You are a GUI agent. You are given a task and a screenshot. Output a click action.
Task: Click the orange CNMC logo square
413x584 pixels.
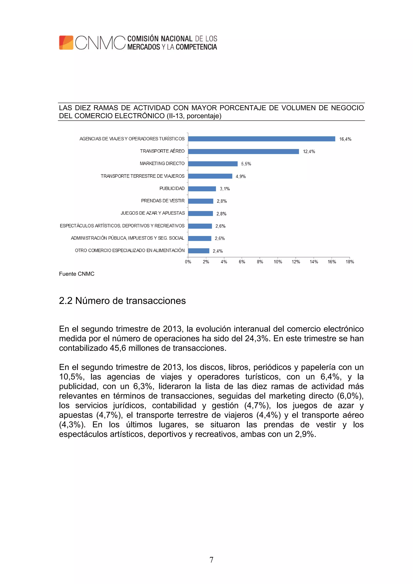tap(66, 43)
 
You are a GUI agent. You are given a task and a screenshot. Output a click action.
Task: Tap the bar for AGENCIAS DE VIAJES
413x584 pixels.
tap(261, 139)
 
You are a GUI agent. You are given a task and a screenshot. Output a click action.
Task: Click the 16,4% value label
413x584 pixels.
tap(345, 139)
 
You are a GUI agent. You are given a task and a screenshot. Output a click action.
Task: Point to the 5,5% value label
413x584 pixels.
tap(246, 164)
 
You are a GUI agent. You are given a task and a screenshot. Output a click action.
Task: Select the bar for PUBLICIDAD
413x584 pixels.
tap(202, 189)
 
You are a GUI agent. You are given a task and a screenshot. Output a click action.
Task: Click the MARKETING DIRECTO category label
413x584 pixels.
tap(162, 163)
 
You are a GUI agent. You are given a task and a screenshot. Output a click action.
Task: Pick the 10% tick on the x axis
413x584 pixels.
tap(278, 262)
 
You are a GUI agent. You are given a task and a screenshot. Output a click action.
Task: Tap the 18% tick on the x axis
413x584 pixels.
tap(350, 262)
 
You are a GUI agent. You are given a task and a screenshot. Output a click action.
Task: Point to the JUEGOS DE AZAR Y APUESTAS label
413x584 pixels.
tap(152, 213)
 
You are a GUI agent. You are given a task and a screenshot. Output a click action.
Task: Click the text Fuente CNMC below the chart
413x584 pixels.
tap(77, 274)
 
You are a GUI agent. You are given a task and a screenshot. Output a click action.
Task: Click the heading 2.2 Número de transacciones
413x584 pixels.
tap(122, 301)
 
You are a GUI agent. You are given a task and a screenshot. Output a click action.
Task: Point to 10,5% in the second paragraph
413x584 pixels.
tap(72, 377)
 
